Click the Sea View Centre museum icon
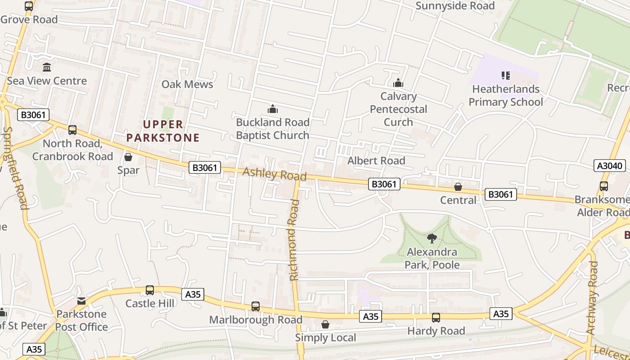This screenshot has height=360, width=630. coord(47,67)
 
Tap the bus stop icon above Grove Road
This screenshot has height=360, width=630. coord(29,6)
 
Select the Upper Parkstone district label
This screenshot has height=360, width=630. coord(163,131)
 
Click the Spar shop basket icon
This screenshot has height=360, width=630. coord(128,157)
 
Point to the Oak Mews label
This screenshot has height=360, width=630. coord(187,84)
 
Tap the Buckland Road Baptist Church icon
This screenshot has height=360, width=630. coord(273,109)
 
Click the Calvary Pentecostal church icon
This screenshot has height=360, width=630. coord(398,83)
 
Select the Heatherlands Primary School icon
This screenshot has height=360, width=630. coord(505,76)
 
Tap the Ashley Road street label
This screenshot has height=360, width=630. coord(274,174)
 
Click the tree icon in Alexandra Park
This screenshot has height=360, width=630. coord(432,238)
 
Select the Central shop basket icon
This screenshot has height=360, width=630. coord(458,187)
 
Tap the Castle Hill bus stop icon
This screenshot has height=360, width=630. coord(150,290)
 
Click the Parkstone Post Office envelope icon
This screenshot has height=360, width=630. coord(81,301)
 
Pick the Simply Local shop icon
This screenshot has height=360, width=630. coord(325,324)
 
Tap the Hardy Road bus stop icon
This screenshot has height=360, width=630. coord(436,318)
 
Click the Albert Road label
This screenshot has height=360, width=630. coord(376,161)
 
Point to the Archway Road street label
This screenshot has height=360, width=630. coord(593,297)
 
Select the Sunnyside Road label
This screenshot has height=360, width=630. coord(455,6)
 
